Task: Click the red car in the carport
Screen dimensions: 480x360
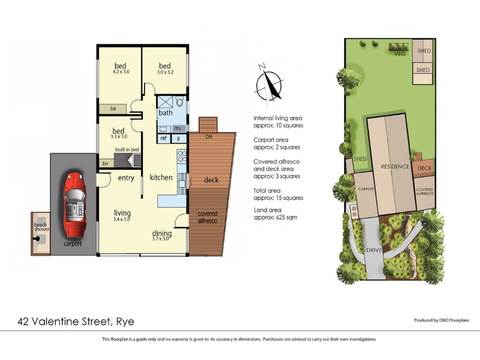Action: [x=74, y=205]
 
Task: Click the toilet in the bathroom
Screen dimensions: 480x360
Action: [x=179, y=101]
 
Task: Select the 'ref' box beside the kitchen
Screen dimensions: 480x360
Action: [x=163, y=138]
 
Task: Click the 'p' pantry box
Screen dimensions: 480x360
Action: [x=178, y=139]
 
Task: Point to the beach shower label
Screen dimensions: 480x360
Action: [x=41, y=227]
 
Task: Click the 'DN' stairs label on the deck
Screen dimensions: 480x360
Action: [x=208, y=137]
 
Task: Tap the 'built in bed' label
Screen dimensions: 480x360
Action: [x=127, y=149]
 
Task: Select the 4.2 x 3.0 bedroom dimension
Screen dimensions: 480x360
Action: [x=121, y=72]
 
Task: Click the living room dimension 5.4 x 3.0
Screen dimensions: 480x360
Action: [x=122, y=219]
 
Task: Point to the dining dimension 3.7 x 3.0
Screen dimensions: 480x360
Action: [x=160, y=239]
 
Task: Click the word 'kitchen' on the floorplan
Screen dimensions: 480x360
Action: [x=161, y=177]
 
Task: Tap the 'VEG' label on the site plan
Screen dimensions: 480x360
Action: [x=400, y=54]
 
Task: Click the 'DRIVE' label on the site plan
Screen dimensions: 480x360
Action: [x=374, y=250]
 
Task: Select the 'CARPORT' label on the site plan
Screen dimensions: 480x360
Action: [x=366, y=189]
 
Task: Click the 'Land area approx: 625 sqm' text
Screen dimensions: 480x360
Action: [x=275, y=214]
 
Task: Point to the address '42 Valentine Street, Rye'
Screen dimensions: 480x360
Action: [x=76, y=322]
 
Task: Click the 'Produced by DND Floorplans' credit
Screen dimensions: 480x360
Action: [x=442, y=320]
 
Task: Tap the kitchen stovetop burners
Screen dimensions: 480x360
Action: [x=182, y=156]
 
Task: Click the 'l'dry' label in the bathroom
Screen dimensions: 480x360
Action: [x=178, y=128]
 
